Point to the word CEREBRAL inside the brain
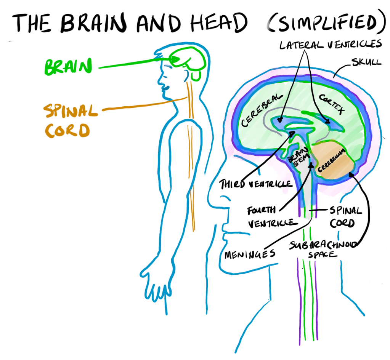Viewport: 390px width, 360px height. click(260, 111)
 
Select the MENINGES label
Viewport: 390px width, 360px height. click(250, 253)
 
